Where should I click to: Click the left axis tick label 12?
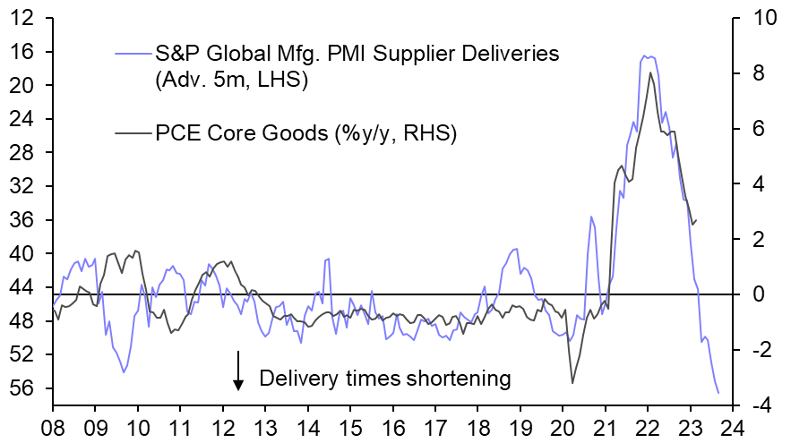pos(23,18)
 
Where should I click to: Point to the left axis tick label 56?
pos(23,388)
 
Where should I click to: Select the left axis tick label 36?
pos(23,220)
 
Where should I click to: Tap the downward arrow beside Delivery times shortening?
pos(239,371)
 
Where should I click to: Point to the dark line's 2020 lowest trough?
pos(572,383)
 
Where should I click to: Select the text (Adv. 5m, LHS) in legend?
pos(231,81)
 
